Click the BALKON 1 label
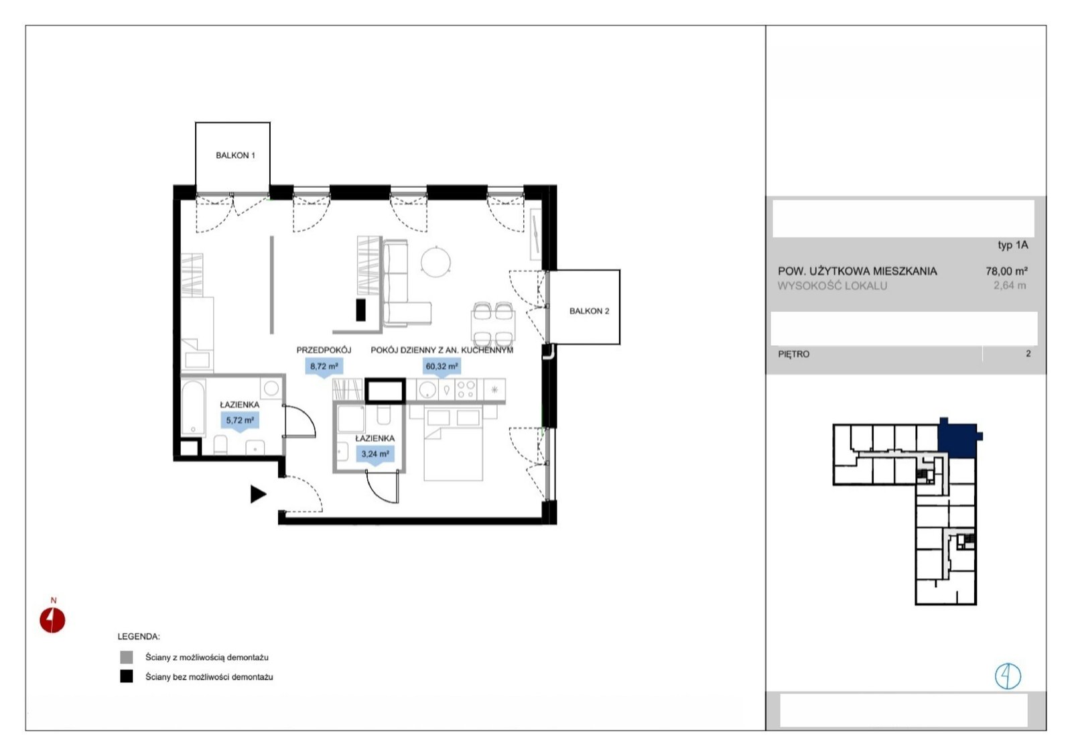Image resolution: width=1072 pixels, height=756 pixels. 235,155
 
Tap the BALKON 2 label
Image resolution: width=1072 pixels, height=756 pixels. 589,311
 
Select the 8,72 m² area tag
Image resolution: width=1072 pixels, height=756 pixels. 324,367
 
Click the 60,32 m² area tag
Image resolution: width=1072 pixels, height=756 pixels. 442,367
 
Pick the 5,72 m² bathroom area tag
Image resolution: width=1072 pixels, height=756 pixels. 240,420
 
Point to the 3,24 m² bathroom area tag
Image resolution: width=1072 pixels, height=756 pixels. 375,454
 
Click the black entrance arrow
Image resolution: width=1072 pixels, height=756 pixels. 258,494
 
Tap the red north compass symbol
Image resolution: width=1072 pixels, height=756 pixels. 52,620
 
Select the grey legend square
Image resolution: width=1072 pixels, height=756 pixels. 127,657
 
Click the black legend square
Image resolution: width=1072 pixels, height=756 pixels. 127,676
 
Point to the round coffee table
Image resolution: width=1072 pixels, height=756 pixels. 435,262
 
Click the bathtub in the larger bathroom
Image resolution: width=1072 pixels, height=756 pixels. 194,407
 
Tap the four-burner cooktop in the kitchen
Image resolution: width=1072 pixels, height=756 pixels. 466,389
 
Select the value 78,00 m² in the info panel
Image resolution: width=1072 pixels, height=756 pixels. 1006,271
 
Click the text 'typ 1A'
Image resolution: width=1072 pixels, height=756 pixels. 1012,245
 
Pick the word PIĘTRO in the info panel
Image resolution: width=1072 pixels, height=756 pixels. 793,355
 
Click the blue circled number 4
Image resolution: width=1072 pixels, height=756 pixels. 1008,676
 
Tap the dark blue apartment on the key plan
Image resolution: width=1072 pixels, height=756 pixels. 957,440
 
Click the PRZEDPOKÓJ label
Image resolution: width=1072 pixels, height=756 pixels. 324,350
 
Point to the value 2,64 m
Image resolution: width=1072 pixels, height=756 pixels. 1010,286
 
